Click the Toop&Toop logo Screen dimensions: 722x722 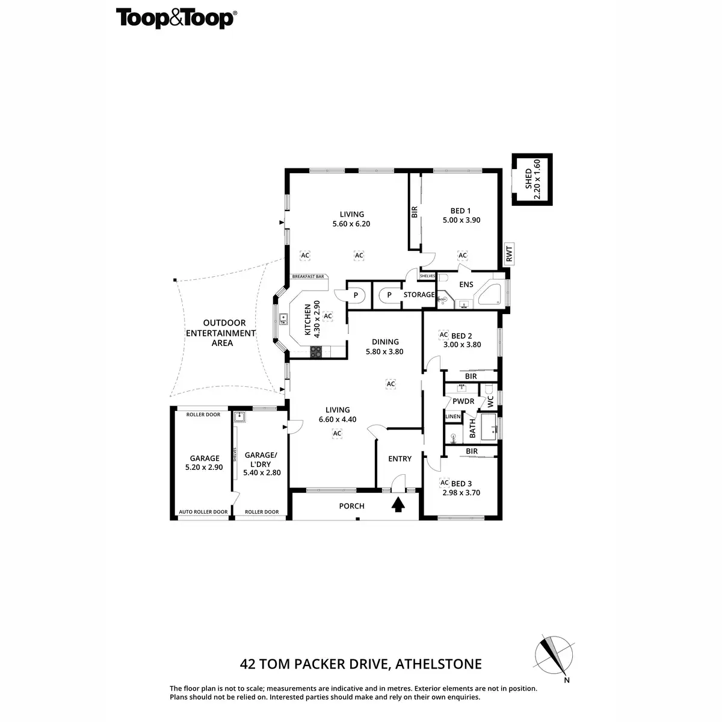(x=175, y=19)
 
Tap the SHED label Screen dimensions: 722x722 (x=528, y=179)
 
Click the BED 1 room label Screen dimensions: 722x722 (x=461, y=211)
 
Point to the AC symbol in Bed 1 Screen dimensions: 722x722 (x=463, y=256)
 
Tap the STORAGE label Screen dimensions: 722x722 (x=419, y=295)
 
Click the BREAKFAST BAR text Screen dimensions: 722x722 (x=308, y=277)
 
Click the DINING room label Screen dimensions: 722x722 (x=385, y=342)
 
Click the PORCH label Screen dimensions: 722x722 (x=351, y=506)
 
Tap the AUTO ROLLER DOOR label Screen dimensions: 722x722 (x=203, y=512)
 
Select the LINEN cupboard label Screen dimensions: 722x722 (x=453, y=416)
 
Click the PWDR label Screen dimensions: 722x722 (x=463, y=401)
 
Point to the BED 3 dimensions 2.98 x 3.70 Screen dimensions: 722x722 (x=461, y=493)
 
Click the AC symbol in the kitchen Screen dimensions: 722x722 (x=328, y=316)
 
